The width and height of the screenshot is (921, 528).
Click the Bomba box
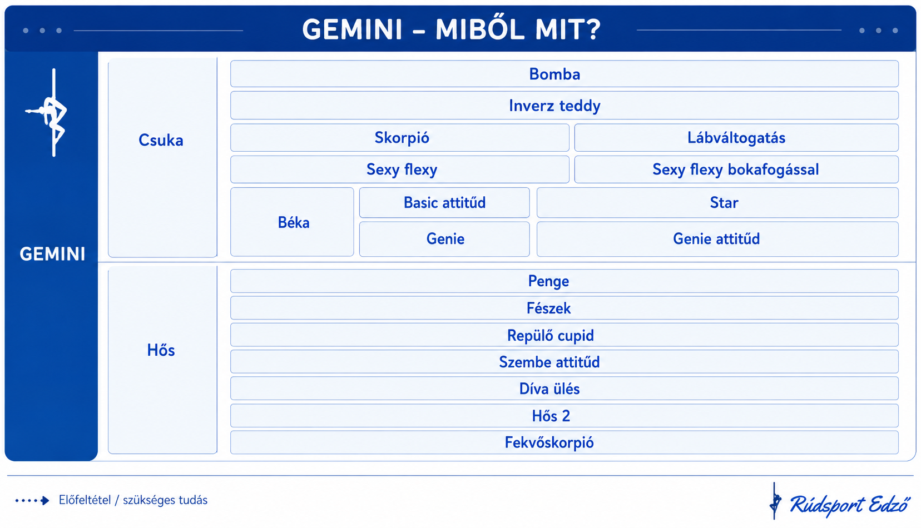pyautogui.click(x=564, y=74)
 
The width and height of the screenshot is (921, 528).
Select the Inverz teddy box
pyautogui.click(x=564, y=106)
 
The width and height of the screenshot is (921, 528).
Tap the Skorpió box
pyautogui.click(x=400, y=138)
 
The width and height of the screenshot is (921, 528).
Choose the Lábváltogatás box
pyautogui.click(x=736, y=138)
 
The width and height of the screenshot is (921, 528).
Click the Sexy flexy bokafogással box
pyautogui.click(x=736, y=170)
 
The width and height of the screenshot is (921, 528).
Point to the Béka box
pyautogui.click(x=292, y=222)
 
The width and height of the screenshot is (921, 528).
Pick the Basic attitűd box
pyautogui.click(x=444, y=202)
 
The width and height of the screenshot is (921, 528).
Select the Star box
pyautogui.click(x=717, y=202)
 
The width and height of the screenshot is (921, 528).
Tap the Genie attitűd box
pyautogui.click(x=717, y=239)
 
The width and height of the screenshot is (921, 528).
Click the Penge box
pyautogui.click(x=564, y=281)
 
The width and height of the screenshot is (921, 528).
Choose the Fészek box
pyautogui.click(x=564, y=308)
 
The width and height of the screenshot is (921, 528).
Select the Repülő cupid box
pyautogui.click(x=564, y=335)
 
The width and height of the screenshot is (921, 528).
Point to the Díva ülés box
pyautogui.click(x=564, y=388)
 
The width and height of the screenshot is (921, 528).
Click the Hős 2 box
pyautogui.click(x=564, y=416)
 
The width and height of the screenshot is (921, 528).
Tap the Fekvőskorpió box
pyautogui.click(x=564, y=442)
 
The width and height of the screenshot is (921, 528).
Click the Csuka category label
pyautogui.click(x=161, y=140)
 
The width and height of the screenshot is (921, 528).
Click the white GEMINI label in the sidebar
pyautogui.click(x=52, y=254)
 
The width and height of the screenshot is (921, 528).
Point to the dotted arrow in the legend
pyautogui.click(x=32, y=500)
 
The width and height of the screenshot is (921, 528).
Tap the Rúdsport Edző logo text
pyautogui.click(x=849, y=505)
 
